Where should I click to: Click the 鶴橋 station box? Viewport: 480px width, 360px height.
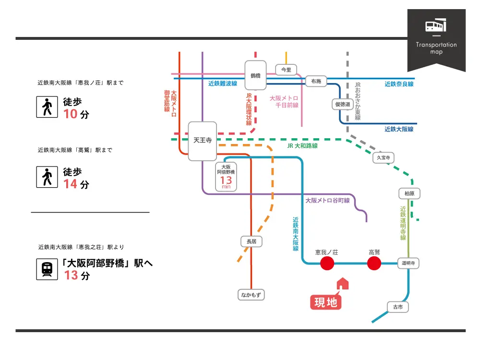(255, 75)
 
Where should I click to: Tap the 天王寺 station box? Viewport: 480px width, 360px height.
(202, 141)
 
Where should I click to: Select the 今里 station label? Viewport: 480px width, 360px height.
(286, 70)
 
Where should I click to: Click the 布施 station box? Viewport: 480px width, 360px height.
(316, 82)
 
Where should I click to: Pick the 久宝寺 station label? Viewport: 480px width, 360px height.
(383, 157)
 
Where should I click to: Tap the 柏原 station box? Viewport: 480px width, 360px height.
(409, 193)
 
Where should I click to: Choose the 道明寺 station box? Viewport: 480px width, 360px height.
(408, 263)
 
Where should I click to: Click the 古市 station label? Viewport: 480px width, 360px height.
(398, 307)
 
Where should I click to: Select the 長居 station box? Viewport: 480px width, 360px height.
(252, 242)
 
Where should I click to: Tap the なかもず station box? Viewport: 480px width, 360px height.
(251, 295)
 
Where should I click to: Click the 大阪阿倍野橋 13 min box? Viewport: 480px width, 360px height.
(226, 176)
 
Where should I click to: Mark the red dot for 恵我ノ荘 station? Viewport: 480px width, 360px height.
(327, 263)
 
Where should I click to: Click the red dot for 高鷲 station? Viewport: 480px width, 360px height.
(374, 263)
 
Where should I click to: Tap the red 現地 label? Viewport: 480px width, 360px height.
(326, 302)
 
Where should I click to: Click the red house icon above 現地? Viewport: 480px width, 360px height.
(343, 284)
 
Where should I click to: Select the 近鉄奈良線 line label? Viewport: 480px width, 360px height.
(399, 84)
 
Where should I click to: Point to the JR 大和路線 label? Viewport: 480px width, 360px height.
(302, 146)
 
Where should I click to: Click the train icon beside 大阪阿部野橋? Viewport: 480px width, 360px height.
(47, 270)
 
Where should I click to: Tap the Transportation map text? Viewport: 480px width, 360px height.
(436, 48)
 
